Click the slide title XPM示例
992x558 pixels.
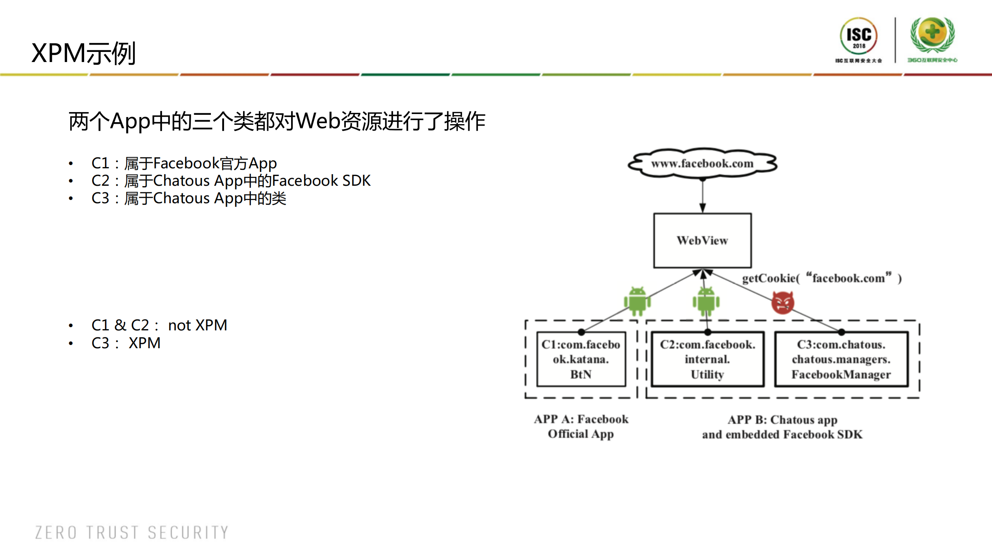click(83, 53)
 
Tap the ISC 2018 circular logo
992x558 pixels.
click(859, 37)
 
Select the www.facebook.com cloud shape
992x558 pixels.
click(702, 164)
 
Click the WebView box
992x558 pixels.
click(702, 240)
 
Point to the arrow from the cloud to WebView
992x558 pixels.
click(702, 196)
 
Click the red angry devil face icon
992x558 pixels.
click(783, 302)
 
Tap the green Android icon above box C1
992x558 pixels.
click(637, 301)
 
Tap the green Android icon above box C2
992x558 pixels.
click(706, 301)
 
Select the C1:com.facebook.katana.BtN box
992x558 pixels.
click(581, 359)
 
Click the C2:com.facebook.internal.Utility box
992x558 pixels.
click(707, 359)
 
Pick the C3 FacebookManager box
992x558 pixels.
click(841, 359)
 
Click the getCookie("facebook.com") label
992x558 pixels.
click(821, 278)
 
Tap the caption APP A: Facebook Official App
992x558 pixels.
click(581, 426)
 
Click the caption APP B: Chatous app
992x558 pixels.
click(782, 420)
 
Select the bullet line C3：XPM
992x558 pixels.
click(126, 343)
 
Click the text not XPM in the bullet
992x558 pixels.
click(197, 325)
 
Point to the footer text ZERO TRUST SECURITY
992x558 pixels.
click(132, 532)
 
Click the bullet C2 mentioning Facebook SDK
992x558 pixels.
click(231, 181)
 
